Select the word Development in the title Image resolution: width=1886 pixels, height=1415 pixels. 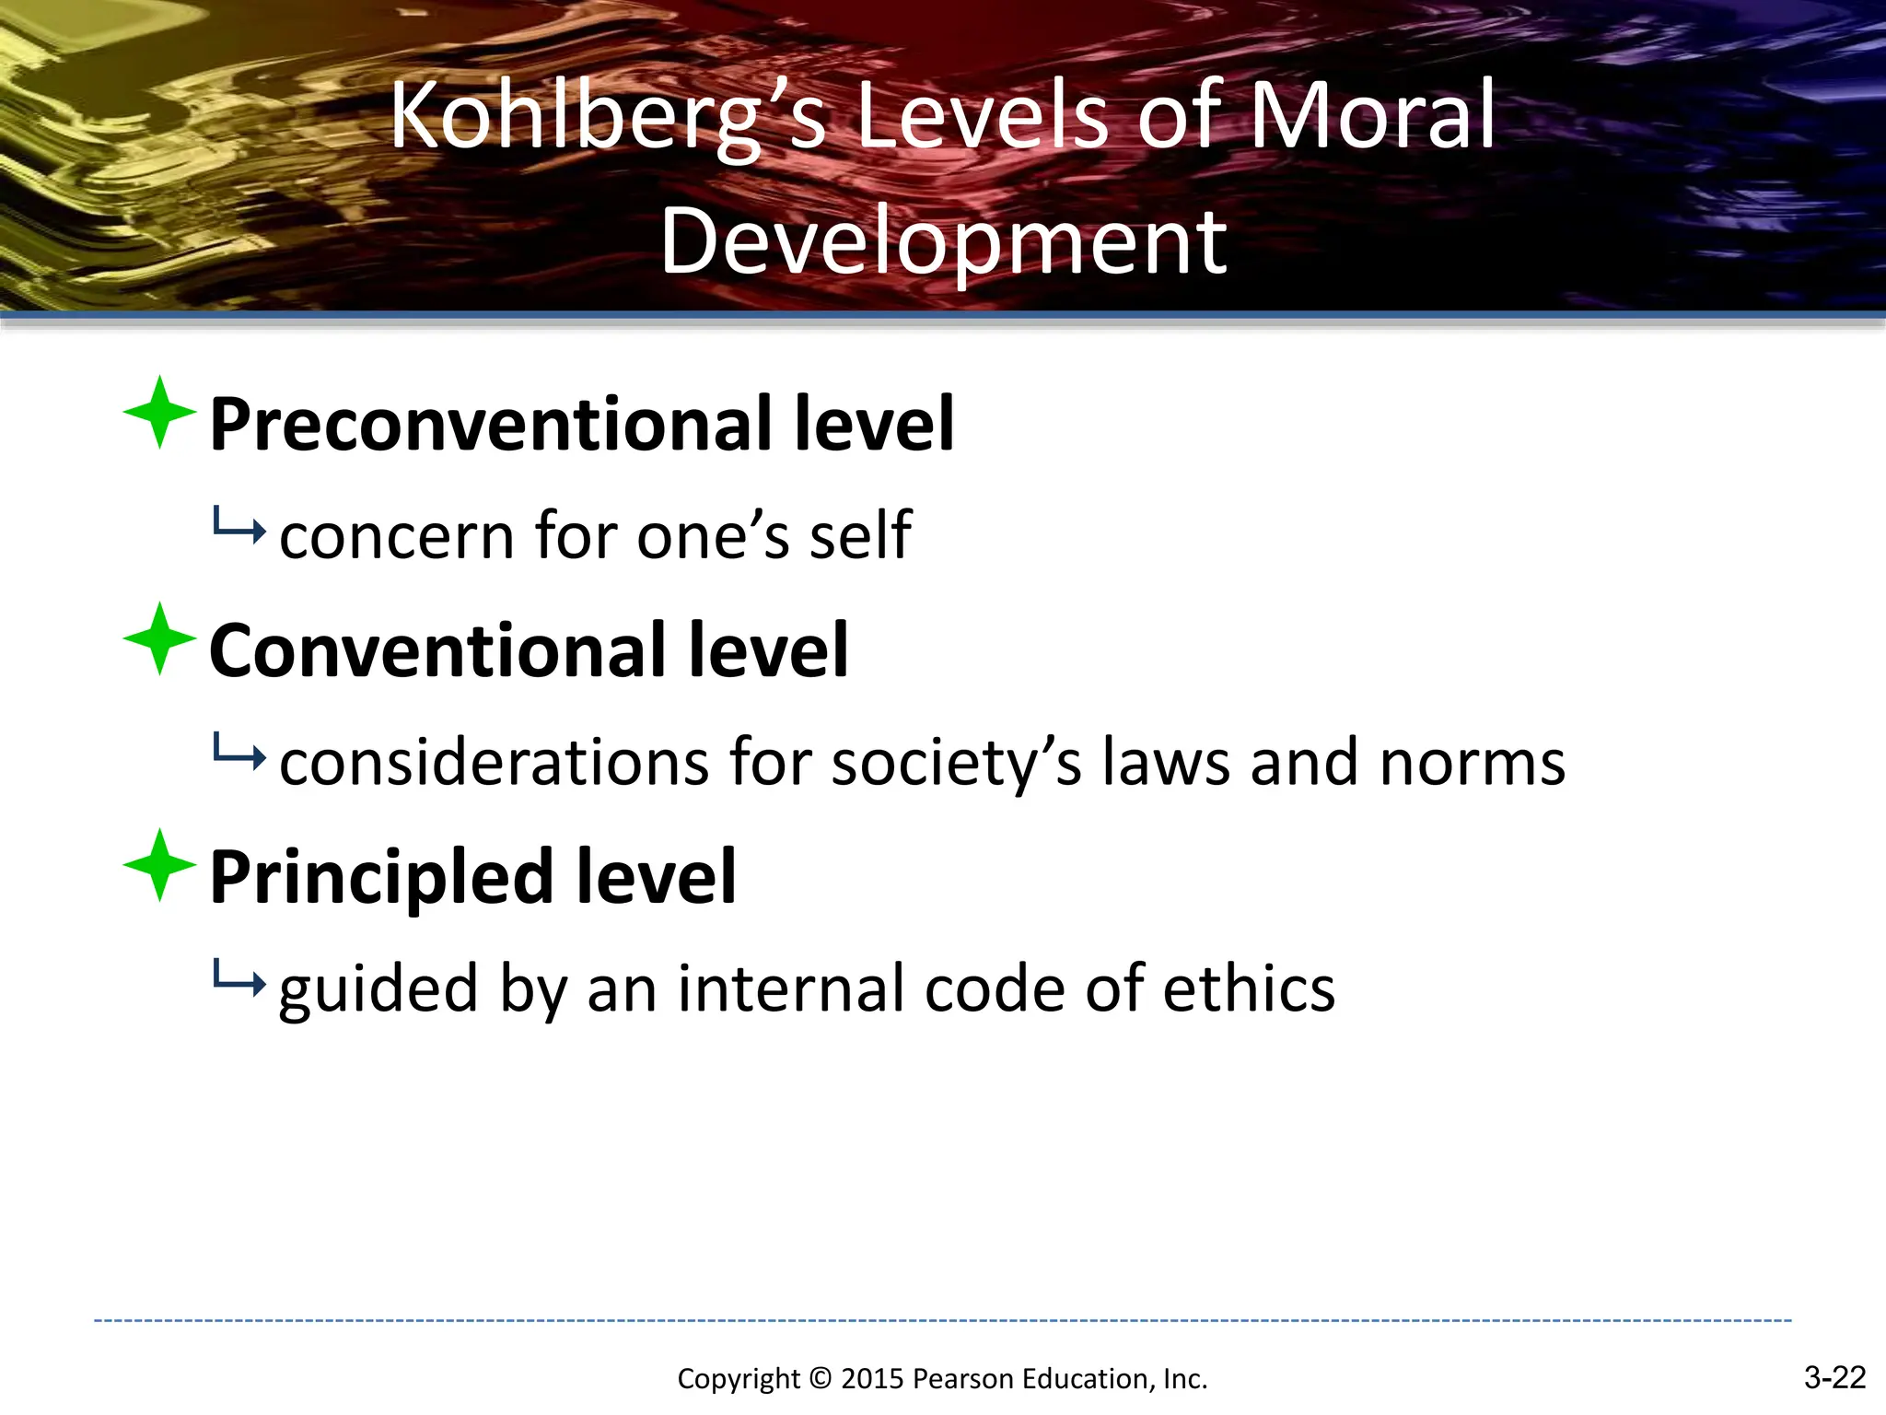[943, 241]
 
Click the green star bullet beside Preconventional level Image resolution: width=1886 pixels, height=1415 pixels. [159, 413]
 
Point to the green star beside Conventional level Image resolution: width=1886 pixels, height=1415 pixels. [159, 639]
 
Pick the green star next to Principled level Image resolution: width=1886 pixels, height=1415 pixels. [159, 865]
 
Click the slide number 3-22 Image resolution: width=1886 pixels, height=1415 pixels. [1834, 1377]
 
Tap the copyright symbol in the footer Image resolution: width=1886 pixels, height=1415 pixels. [820, 1379]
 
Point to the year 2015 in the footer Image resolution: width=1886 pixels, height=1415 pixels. [873, 1379]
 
